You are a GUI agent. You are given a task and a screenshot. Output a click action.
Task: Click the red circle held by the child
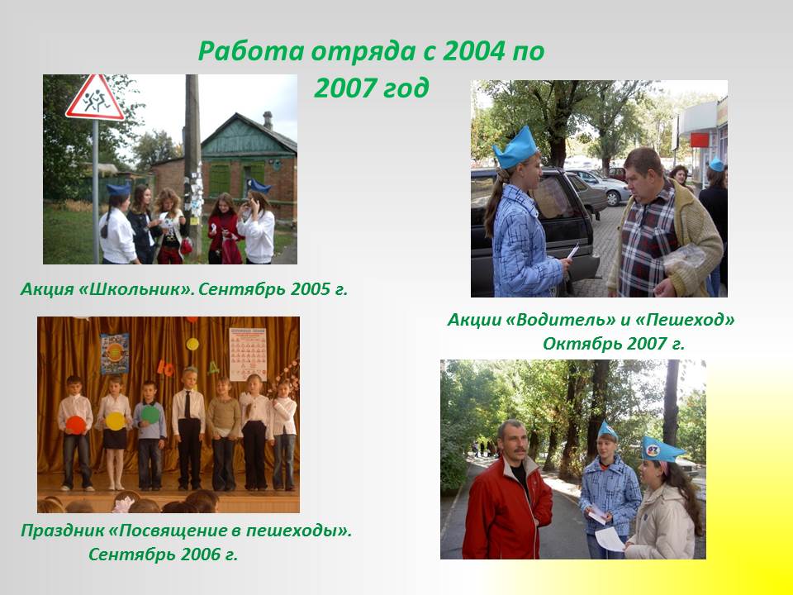coord(76,425)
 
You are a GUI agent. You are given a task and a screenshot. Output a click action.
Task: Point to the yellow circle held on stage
coord(115,421)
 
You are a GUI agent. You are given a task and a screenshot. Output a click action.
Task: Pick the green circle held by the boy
coord(150,414)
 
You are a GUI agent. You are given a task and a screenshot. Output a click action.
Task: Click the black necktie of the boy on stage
coord(188,404)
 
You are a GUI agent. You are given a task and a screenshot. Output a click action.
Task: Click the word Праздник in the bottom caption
coord(62,531)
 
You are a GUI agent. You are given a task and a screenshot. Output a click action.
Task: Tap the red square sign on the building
coord(700,140)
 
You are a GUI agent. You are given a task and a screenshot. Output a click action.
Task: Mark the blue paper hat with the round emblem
coord(661,450)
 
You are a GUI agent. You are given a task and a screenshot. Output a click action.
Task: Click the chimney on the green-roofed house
coord(268,121)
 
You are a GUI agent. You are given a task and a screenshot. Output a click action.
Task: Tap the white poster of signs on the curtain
coord(247,355)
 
